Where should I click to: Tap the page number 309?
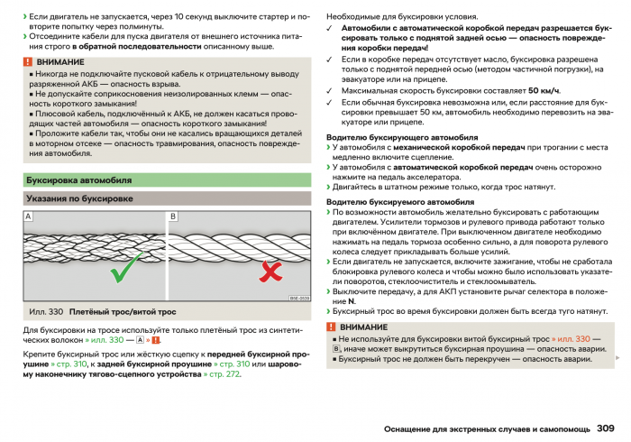tap(605, 428)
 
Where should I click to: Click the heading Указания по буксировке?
tap(79, 198)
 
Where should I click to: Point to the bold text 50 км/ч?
tap(544, 90)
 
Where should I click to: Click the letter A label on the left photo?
tap(28, 217)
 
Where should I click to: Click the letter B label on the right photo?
tap(173, 217)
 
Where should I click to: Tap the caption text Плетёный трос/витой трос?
tap(123, 311)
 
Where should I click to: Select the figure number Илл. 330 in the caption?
tap(46, 311)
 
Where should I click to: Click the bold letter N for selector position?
tap(339, 300)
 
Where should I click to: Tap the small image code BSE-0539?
tap(299, 298)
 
